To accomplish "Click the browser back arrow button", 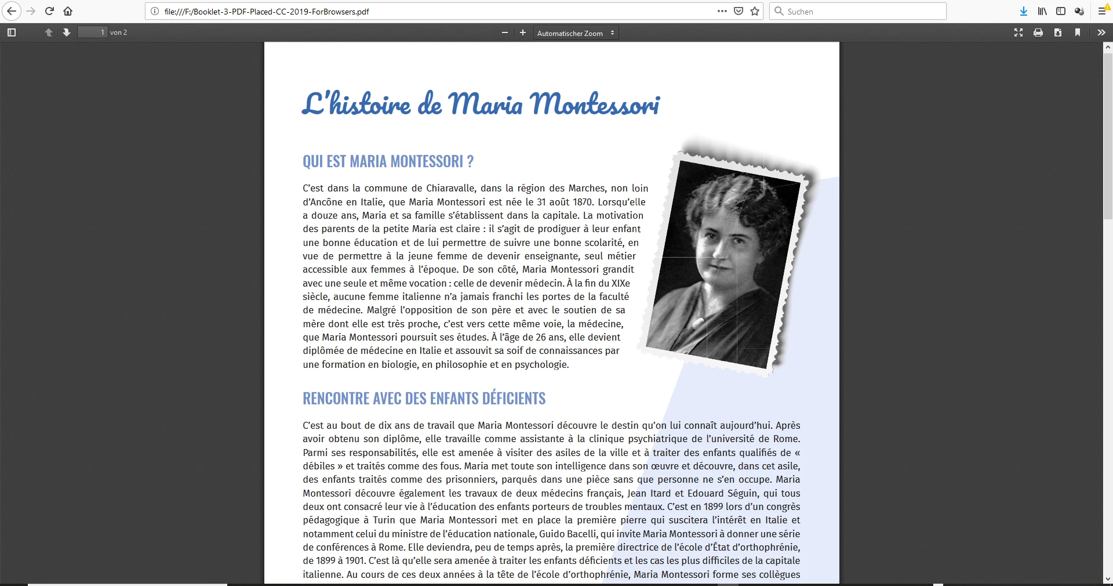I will pyautogui.click(x=11, y=11).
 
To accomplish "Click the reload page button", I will pyautogui.click(x=49, y=11).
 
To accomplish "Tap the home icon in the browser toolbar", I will pyautogui.click(x=68, y=11).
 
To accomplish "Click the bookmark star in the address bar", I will pyautogui.click(x=755, y=11).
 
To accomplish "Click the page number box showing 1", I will pyautogui.click(x=93, y=32).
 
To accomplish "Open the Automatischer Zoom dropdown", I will pyautogui.click(x=576, y=33).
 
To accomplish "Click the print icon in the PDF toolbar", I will pyautogui.click(x=1038, y=32).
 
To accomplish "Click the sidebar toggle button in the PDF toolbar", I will pyautogui.click(x=12, y=32).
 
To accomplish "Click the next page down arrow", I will pyautogui.click(x=67, y=32).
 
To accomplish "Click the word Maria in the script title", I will pyautogui.click(x=485, y=104).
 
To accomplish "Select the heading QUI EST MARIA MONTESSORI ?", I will pyautogui.click(x=388, y=161).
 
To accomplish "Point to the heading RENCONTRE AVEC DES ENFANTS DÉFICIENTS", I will pyautogui.click(x=424, y=399).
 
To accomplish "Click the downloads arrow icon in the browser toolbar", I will pyautogui.click(x=1024, y=11).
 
